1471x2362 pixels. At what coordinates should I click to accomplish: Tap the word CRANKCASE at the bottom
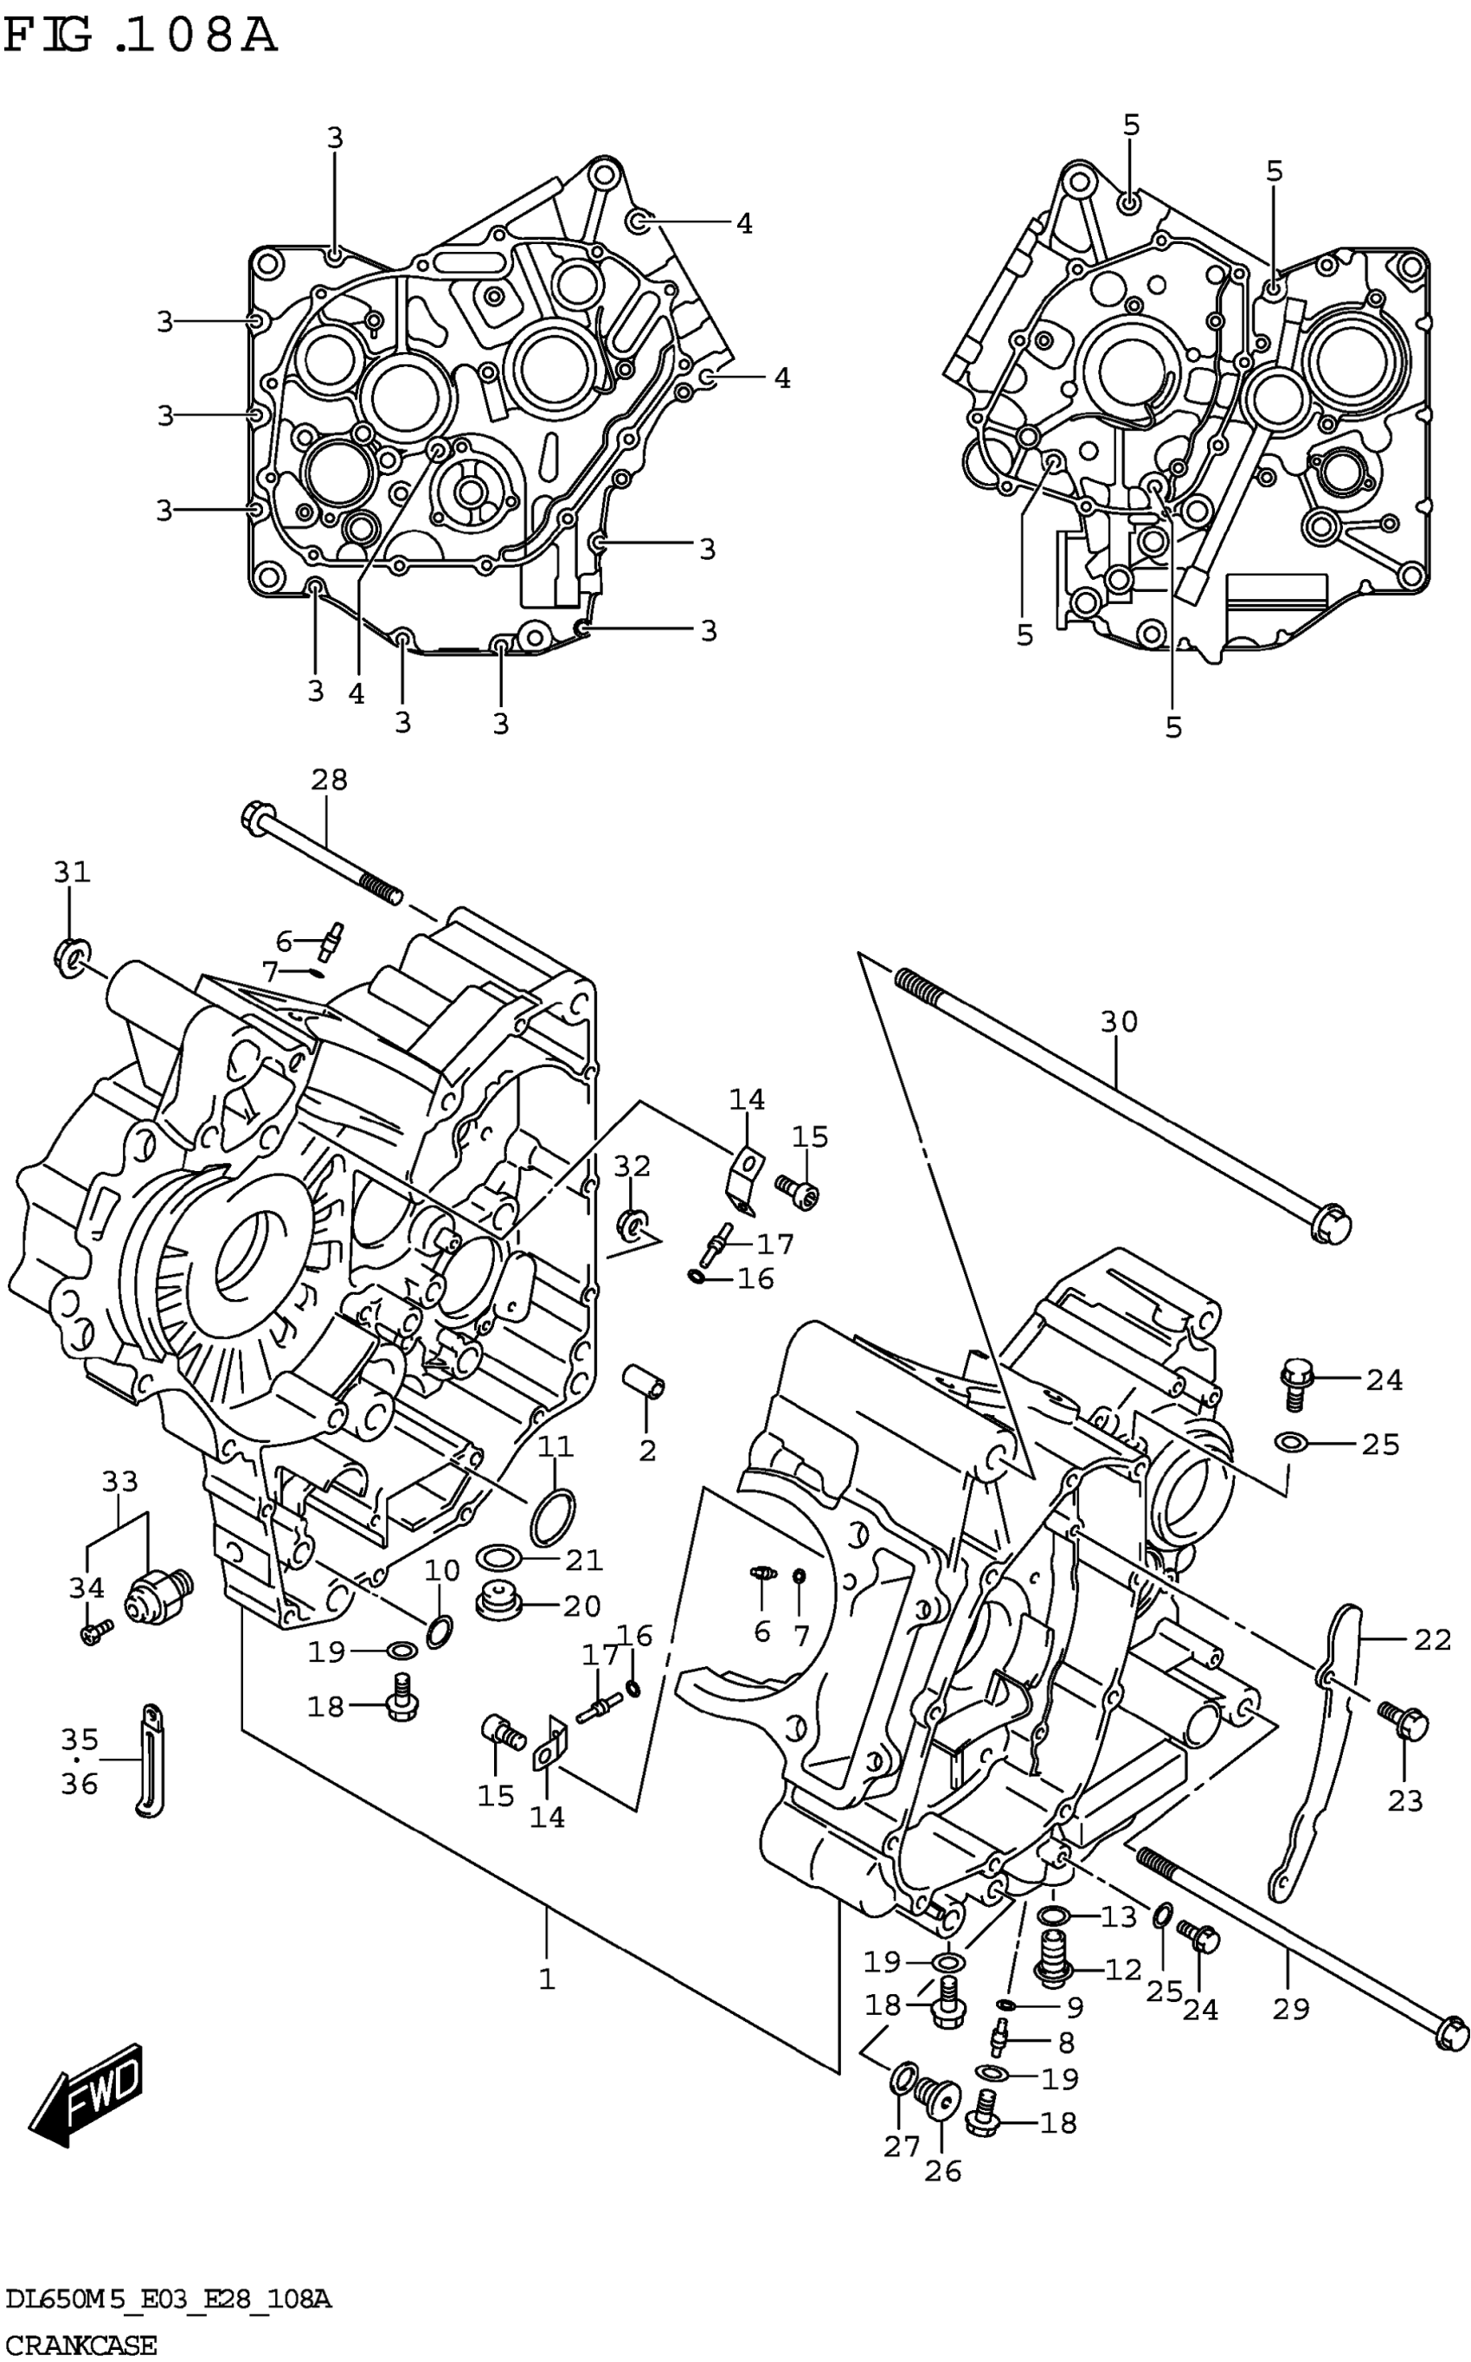click(x=79, y=2346)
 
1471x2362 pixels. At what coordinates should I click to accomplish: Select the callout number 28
click(x=329, y=779)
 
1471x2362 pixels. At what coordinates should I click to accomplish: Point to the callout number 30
click(x=1119, y=1021)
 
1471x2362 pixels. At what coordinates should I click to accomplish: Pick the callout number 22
click(x=1432, y=1639)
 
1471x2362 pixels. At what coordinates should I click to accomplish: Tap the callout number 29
click(x=1291, y=2008)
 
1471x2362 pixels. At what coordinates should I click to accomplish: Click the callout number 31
click(x=71, y=872)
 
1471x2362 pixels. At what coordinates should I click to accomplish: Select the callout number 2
click(x=648, y=1451)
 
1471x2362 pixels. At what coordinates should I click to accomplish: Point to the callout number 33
click(x=119, y=1482)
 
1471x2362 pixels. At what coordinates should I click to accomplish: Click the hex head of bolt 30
click(x=1330, y=1224)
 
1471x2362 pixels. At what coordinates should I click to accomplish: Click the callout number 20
click(x=581, y=1606)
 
